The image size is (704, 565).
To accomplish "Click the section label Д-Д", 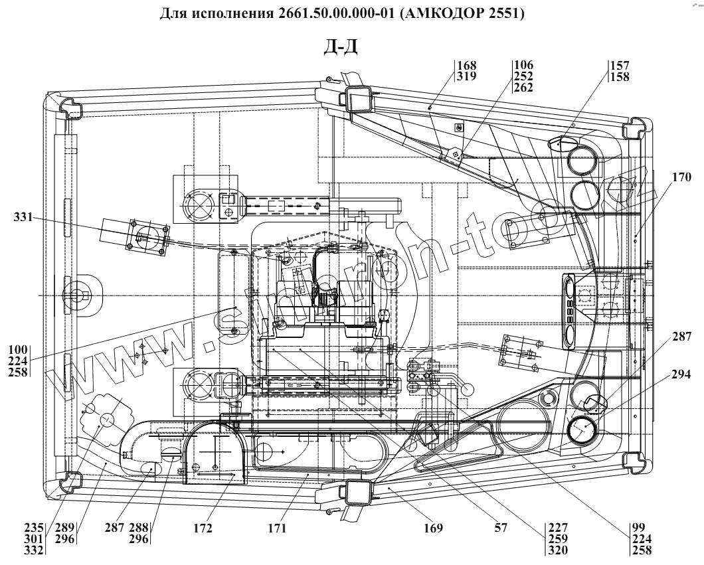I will (x=341, y=48).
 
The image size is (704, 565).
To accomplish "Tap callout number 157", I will (x=620, y=66).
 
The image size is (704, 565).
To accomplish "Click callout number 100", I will (x=20, y=349).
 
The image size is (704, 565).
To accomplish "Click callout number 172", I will (x=203, y=528).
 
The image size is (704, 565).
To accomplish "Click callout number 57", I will (x=501, y=528).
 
